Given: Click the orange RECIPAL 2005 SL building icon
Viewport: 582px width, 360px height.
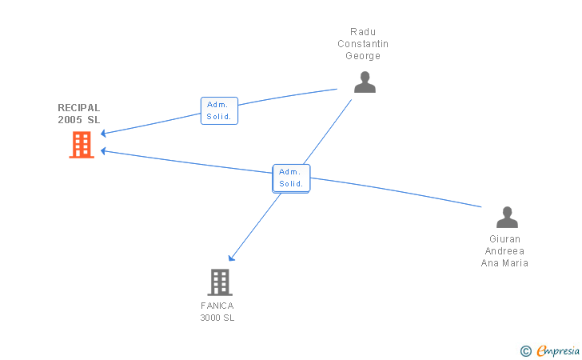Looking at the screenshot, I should coord(82,145).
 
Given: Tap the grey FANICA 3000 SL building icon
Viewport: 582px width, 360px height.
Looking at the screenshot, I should coord(220,282).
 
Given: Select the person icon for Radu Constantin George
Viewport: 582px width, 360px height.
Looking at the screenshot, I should coord(365,82).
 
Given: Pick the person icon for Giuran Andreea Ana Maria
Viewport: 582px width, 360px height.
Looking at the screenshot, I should coord(507,218).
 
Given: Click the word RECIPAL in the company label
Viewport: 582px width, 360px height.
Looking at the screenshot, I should coord(79,108).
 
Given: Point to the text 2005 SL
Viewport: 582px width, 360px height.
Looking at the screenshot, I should coord(79,120).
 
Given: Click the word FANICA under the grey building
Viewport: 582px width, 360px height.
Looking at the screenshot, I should coord(217,306).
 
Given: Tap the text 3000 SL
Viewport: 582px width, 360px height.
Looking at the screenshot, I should coord(217,318).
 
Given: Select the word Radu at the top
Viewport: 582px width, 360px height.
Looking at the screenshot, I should coord(363,32).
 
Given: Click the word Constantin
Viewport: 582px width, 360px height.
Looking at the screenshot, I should coord(363,44).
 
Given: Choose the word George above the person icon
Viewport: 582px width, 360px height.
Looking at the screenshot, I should coord(363,56).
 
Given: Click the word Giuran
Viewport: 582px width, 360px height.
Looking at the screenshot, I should coord(504,239).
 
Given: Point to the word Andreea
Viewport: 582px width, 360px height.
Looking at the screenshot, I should coord(504,251).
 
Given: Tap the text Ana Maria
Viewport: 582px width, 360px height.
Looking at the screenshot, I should coord(504,263).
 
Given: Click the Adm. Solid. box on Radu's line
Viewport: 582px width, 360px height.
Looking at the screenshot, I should coord(219,110).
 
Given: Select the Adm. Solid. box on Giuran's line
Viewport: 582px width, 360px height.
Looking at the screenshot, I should coord(291,178).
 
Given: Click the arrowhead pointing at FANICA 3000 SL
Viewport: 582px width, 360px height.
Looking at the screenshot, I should coord(231,258).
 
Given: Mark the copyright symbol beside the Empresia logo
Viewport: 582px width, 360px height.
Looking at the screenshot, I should coord(525,350).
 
